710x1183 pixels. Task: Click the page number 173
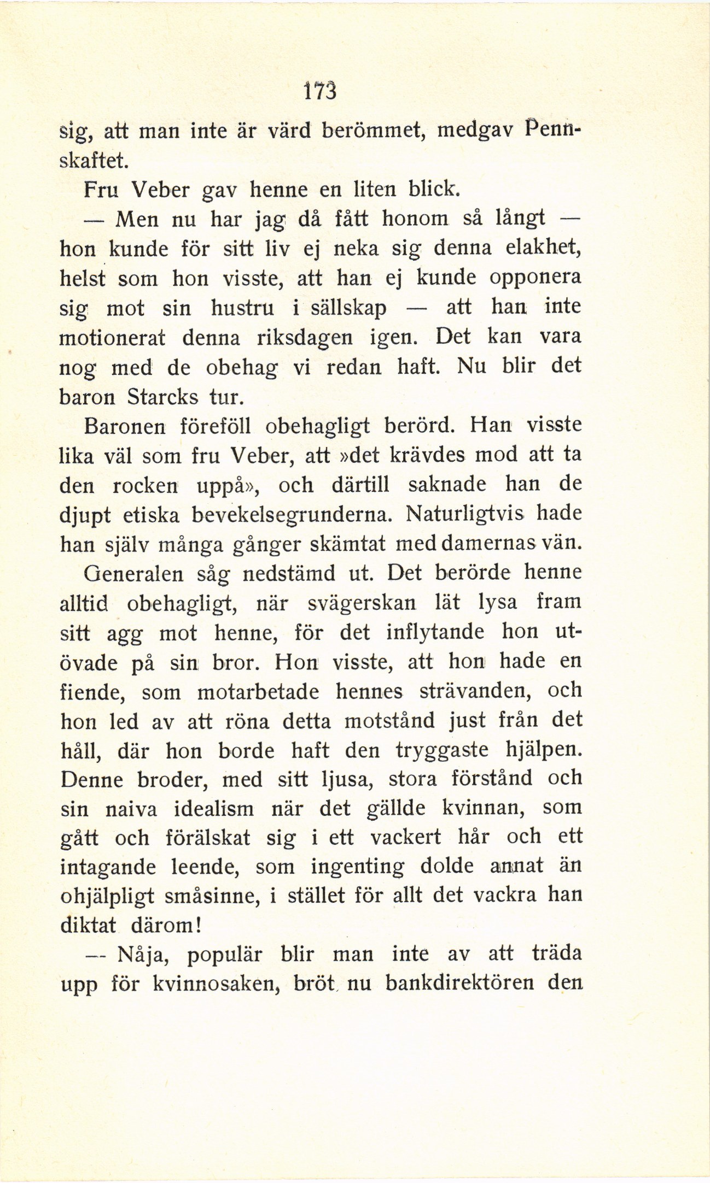[x=319, y=91]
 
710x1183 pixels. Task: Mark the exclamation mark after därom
[x=199, y=926]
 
